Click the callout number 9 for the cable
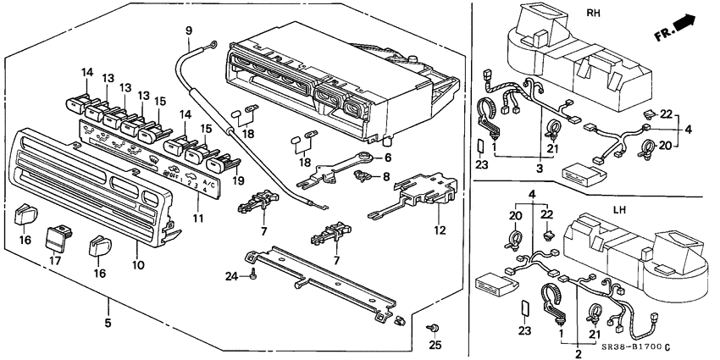tap(189, 31)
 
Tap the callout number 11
tap(198, 219)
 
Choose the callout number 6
tap(388, 158)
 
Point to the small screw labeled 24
tap(253, 274)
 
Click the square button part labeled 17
tap(59, 235)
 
